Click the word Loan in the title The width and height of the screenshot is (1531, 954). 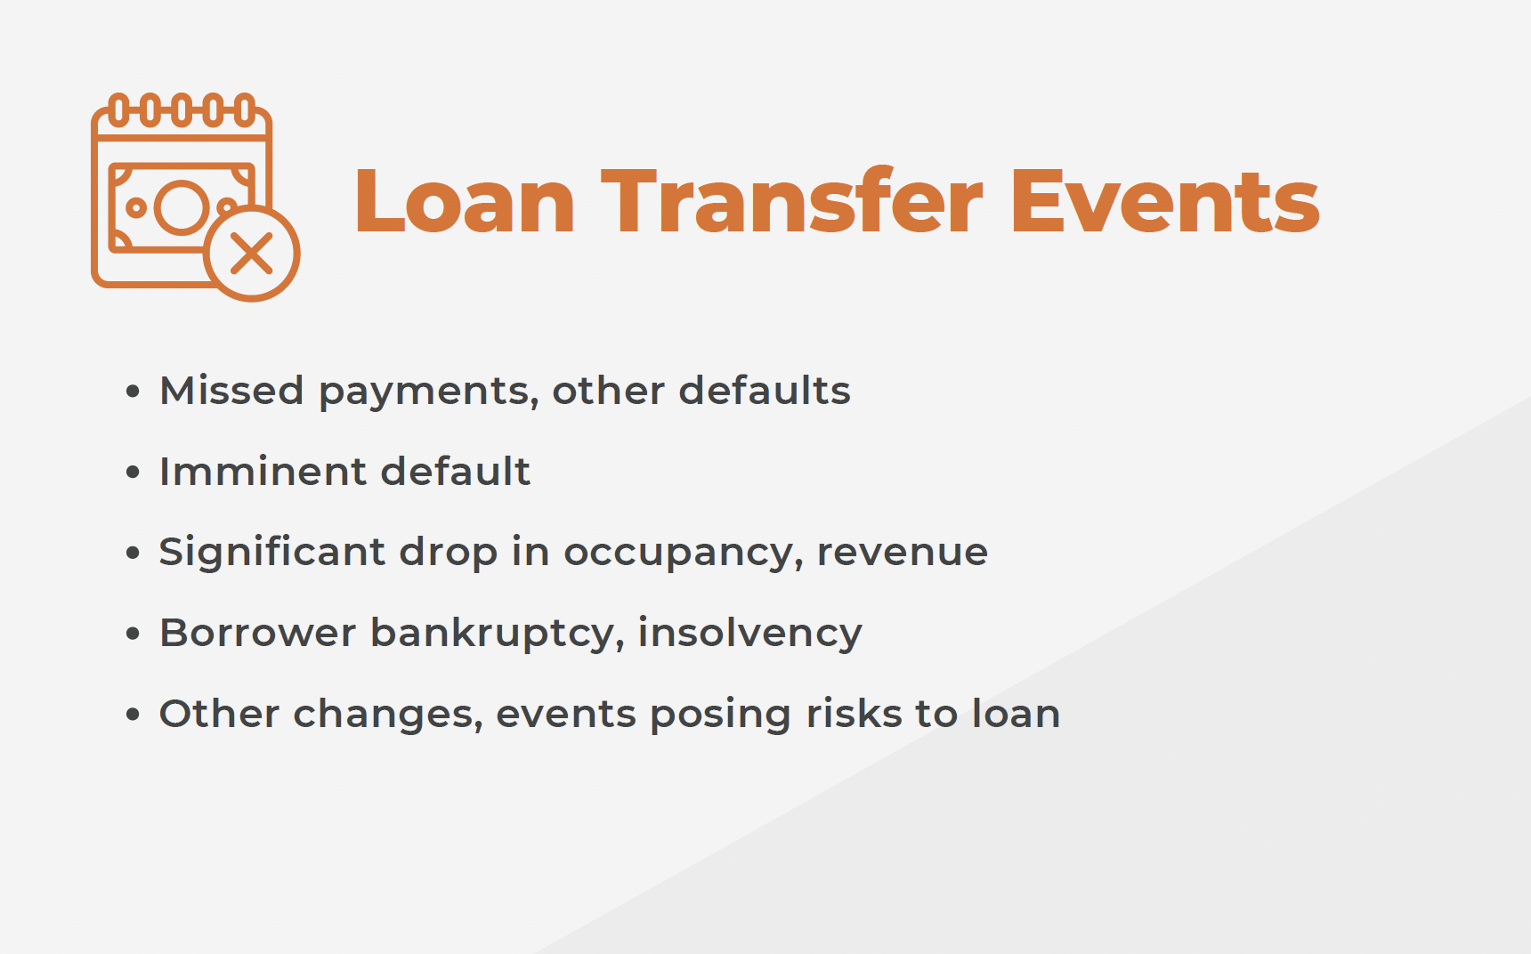465,202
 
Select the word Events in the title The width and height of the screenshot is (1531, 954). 1164,202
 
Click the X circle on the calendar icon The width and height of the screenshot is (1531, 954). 252,254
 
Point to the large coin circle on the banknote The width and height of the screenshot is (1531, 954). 182,207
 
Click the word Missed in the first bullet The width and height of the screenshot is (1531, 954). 231,390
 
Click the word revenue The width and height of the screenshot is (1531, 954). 903,553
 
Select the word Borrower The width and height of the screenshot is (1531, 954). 257,633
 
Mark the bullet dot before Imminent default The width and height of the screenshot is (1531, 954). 134,472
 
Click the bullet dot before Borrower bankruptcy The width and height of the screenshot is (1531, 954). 134,633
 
